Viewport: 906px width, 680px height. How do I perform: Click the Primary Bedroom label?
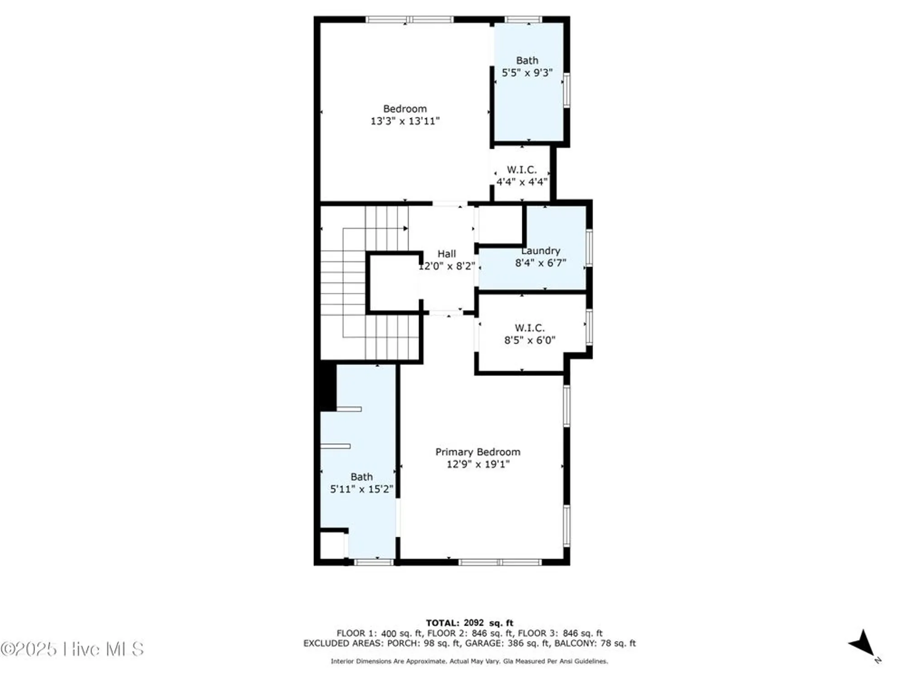[x=477, y=452]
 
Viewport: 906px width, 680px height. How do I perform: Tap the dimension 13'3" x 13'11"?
[x=405, y=121]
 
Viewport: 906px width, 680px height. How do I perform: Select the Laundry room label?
[x=540, y=251]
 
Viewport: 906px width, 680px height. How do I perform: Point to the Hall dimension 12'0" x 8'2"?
[x=446, y=266]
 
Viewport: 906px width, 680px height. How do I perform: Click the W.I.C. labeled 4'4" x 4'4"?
[x=521, y=176]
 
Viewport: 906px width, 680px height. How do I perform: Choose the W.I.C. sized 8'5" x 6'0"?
[x=530, y=334]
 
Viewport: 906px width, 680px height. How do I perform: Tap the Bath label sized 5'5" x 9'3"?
[x=527, y=61]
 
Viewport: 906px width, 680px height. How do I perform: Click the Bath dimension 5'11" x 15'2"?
[x=361, y=489]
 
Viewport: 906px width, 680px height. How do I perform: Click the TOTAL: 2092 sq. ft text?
[x=469, y=623]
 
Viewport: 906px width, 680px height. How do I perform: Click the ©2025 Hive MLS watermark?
[x=72, y=649]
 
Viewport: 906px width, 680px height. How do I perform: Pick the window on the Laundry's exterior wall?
[x=589, y=248]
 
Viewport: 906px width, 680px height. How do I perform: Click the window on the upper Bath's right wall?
[x=566, y=90]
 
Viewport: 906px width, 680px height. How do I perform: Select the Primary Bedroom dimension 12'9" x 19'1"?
[x=477, y=464]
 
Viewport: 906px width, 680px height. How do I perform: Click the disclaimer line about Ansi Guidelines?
[x=469, y=661]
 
